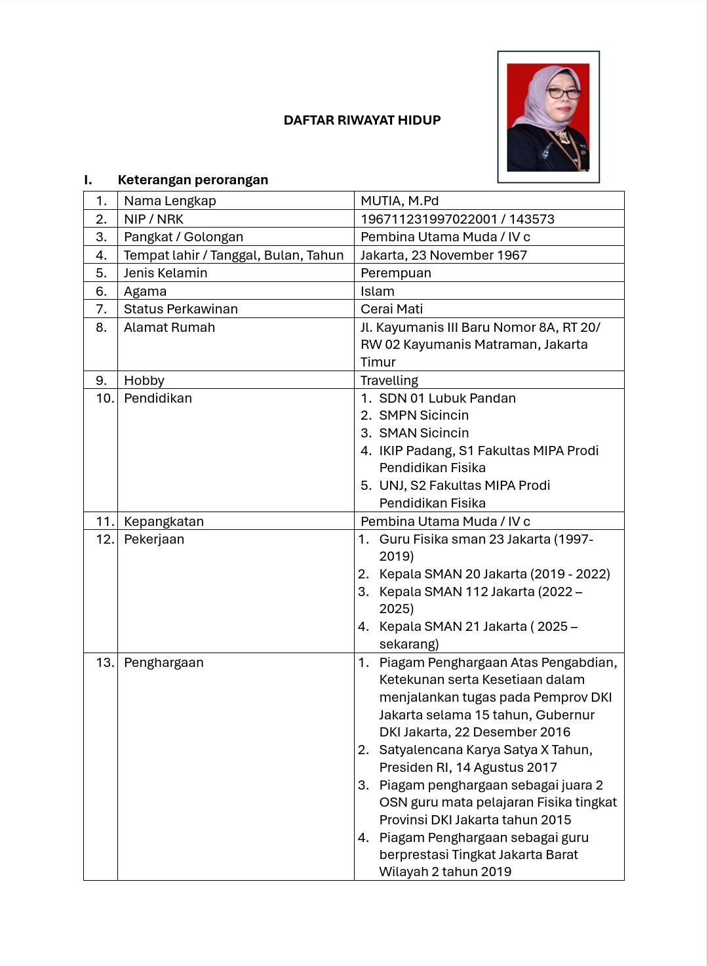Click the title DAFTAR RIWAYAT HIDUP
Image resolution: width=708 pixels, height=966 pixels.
point(362,120)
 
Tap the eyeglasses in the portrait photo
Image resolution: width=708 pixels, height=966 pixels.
point(563,92)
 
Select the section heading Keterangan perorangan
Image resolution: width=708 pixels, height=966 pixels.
point(193,180)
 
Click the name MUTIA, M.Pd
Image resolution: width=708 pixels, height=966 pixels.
point(399,201)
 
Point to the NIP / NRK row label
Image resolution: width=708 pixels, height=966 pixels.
point(153,219)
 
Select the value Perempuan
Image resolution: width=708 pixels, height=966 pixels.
point(395,273)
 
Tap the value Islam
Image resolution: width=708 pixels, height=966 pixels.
point(377,291)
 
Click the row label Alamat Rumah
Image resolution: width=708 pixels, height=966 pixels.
point(169,327)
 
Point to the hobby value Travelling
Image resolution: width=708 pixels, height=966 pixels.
point(389,380)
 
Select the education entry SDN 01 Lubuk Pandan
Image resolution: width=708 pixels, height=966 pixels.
point(447,398)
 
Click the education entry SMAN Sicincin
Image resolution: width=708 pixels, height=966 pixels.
point(423,433)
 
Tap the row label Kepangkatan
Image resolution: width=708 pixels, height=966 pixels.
point(163,521)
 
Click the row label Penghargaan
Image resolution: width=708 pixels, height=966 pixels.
point(163,662)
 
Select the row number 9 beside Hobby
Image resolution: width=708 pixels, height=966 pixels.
point(101,380)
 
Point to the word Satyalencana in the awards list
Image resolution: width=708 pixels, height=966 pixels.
point(420,750)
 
